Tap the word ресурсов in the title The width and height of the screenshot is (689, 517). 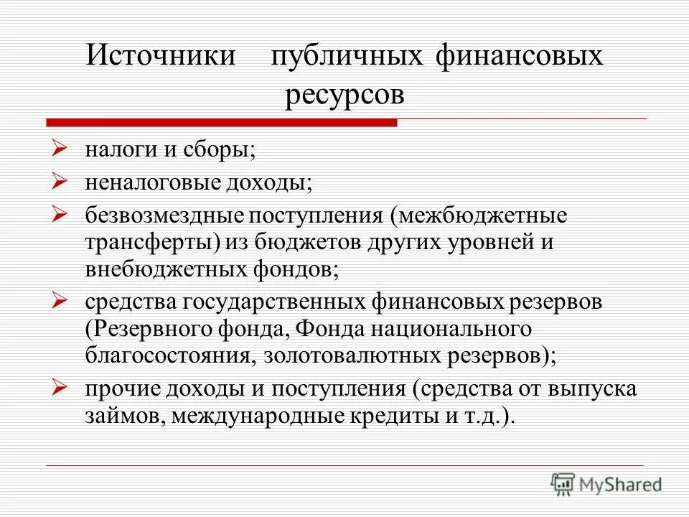[x=344, y=94]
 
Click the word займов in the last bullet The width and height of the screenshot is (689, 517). [x=123, y=417]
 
